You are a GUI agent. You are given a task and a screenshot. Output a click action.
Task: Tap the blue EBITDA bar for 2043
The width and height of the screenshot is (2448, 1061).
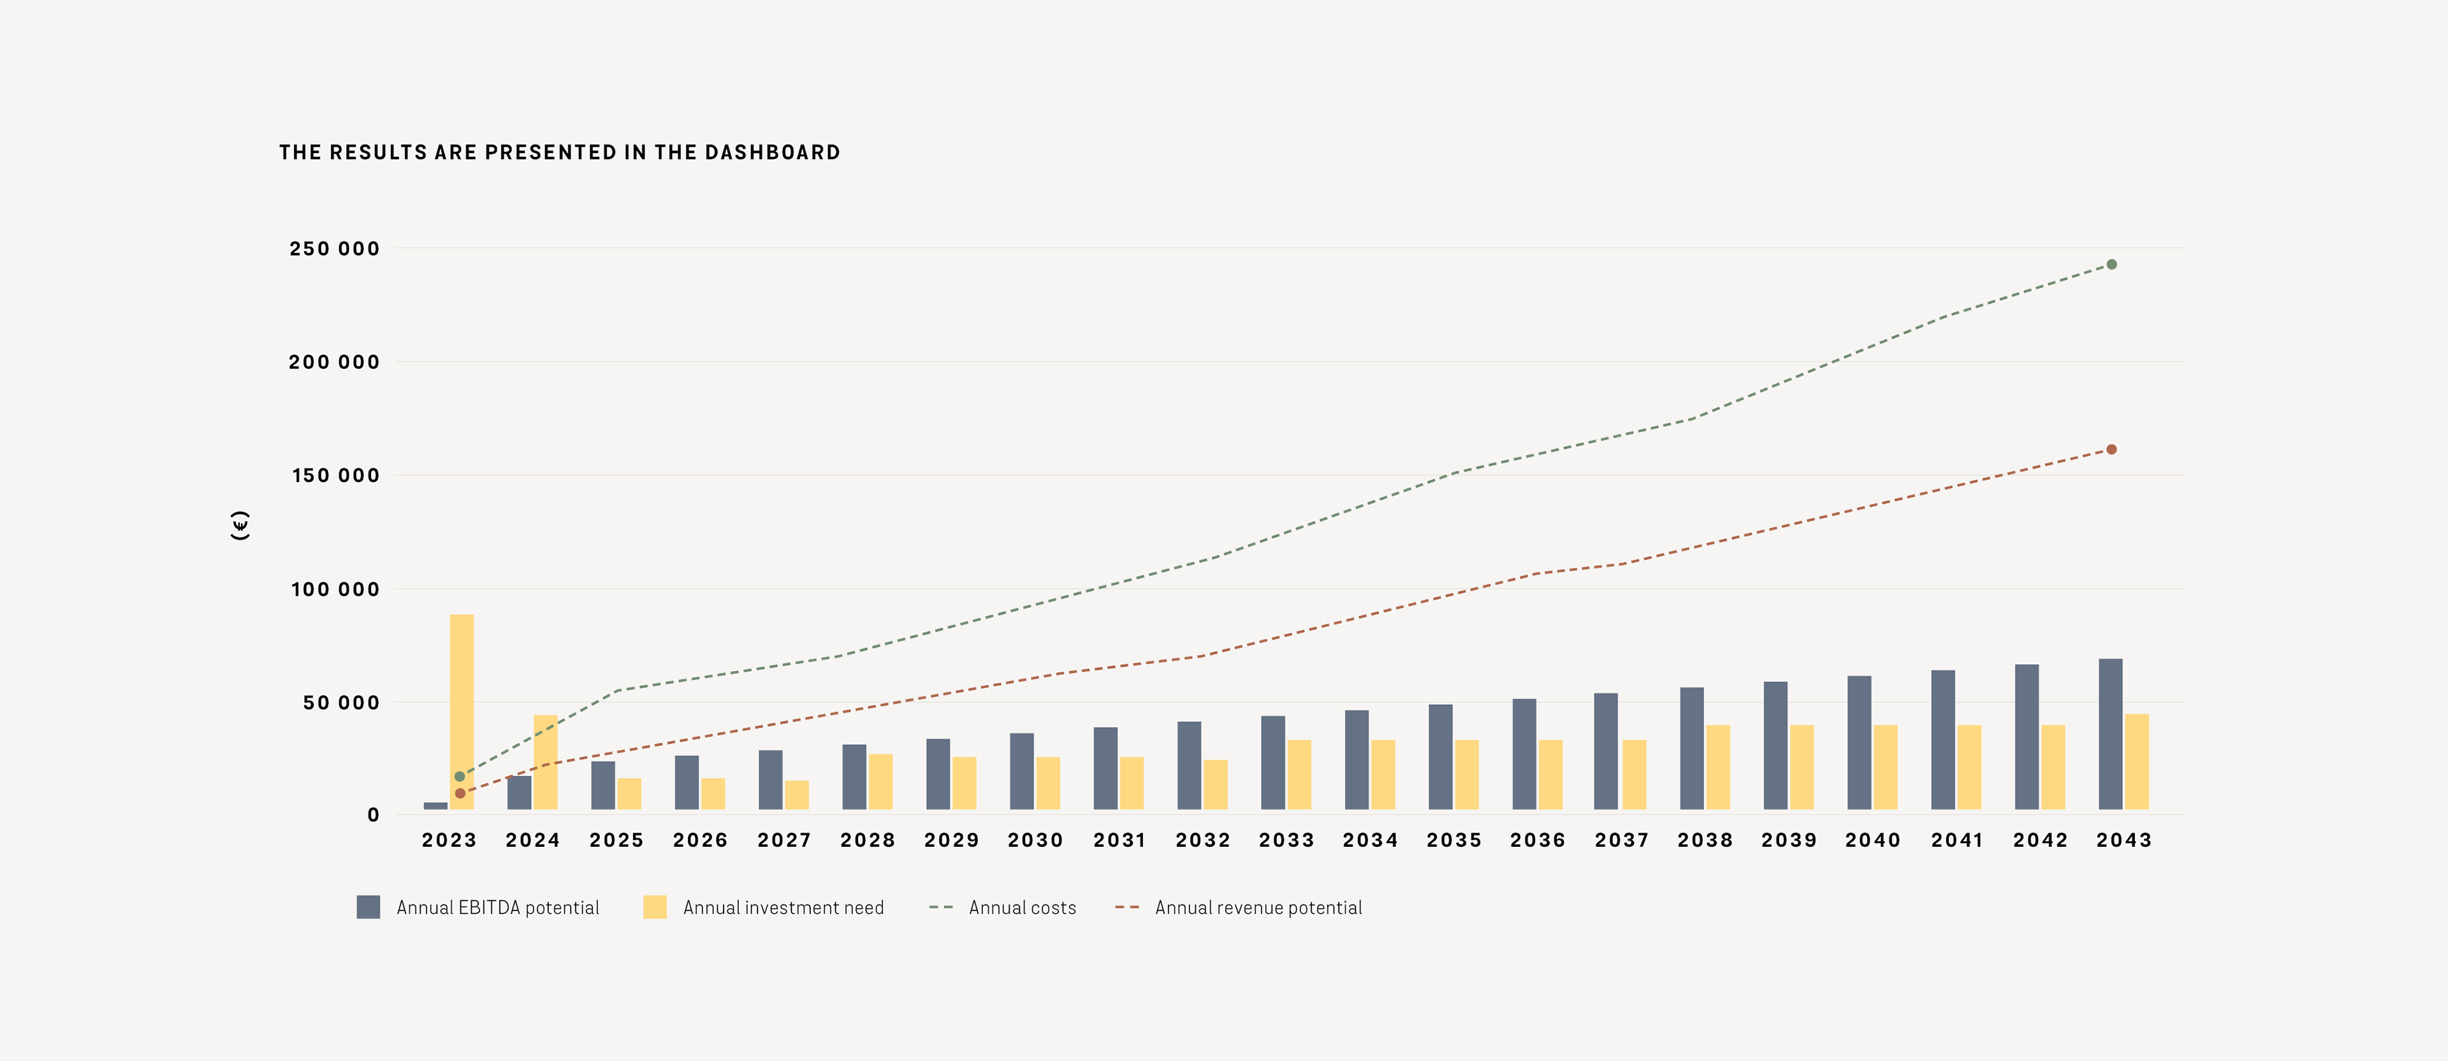[x=2111, y=733]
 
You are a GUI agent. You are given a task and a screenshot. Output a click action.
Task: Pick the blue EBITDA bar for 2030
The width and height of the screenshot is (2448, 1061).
[x=1021, y=770]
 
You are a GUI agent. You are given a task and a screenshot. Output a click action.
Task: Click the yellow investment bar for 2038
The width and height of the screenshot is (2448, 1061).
[x=1718, y=767]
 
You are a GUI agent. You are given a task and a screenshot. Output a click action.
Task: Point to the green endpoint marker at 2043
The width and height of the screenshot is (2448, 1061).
[x=2111, y=264]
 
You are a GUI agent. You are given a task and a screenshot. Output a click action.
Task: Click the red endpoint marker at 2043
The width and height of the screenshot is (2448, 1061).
[x=2111, y=449]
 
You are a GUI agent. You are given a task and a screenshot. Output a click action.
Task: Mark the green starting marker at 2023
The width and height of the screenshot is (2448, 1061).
[x=460, y=776]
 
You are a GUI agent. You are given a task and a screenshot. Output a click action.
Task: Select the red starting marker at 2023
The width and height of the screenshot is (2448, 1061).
[x=460, y=793]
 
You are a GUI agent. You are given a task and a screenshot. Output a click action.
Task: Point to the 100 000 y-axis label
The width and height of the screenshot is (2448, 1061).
[x=335, y=590]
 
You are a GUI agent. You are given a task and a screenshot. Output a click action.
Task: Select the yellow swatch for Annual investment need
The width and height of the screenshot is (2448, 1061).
[x=655, y=907]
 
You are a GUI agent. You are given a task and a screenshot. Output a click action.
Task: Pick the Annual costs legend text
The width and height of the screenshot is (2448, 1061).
[x=1023, y=908]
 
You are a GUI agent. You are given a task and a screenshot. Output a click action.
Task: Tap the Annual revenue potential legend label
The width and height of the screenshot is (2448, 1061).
[x=1258, y=908]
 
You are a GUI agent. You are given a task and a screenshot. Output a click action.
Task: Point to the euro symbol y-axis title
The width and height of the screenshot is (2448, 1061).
[x=240, y=525]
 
